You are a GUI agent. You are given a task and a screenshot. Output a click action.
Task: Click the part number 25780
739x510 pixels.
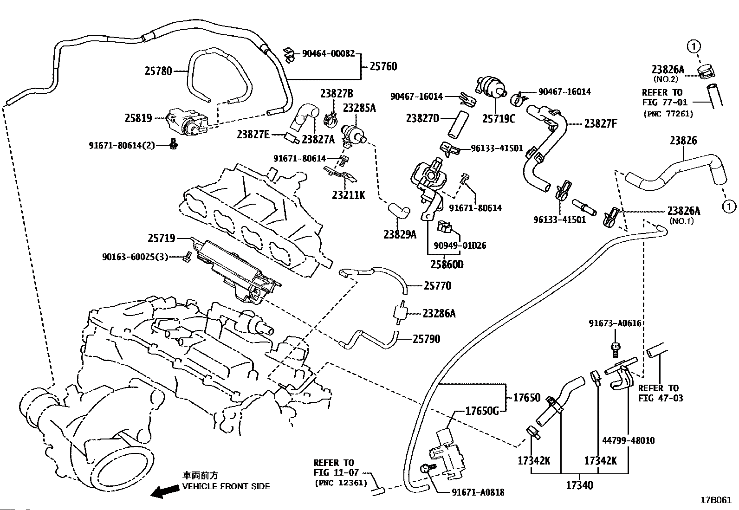[158, 71]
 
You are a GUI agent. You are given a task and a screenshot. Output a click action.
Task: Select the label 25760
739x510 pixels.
[383, 66]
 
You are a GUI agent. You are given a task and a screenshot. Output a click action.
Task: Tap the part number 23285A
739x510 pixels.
[359, 108]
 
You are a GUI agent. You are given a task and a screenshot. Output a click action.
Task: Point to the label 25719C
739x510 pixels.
[499, 118]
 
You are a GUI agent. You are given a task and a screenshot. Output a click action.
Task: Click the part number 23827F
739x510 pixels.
[601, 124]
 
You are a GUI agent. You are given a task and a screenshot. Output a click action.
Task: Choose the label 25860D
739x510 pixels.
[447, 264]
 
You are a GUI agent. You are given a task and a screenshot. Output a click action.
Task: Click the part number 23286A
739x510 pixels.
[439, 313]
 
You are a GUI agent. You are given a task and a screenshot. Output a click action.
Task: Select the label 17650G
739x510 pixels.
[482, 411]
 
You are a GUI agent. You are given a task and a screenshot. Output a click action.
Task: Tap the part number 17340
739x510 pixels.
[580, 485]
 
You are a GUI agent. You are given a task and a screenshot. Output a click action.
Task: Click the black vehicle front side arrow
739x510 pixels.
[165, 491]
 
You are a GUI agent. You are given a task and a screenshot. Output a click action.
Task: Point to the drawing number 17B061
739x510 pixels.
[716, 500]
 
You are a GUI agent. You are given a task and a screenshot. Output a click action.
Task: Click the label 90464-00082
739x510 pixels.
[328, 53]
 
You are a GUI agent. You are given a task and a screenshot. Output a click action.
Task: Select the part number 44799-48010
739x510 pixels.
[629, 440]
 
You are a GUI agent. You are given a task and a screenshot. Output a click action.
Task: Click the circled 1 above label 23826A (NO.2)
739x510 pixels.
[694, 46]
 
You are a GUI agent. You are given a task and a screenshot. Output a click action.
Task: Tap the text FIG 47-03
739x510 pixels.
[661, 398]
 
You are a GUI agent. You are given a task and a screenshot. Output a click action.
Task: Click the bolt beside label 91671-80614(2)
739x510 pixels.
[173, 144]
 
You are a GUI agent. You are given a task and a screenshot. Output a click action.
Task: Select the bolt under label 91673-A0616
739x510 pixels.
[615, 350]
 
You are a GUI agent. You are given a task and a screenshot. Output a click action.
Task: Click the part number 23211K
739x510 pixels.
[349, 195]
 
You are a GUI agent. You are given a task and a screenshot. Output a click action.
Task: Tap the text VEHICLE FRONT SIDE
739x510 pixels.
[226, 486]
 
